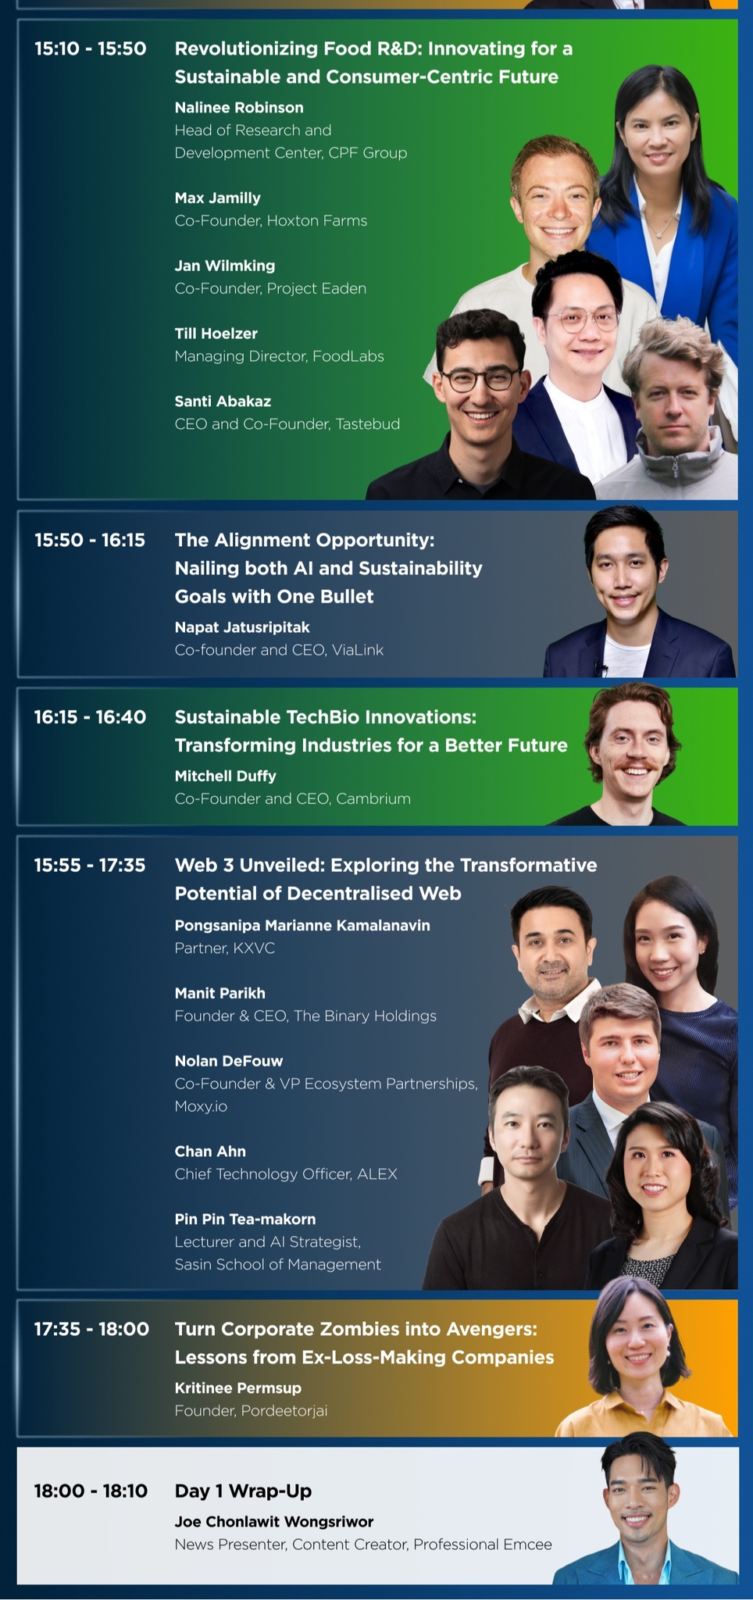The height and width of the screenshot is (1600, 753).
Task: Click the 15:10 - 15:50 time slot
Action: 91,48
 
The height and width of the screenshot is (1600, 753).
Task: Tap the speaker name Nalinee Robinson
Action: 239,108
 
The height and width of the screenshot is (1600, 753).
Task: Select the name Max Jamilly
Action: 218,198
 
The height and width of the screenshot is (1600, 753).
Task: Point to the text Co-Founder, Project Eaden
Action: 270,289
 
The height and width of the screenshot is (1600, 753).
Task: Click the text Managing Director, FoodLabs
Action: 280,356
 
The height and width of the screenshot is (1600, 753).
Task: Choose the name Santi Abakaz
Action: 223,402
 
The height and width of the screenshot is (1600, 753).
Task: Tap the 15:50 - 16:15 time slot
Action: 90,540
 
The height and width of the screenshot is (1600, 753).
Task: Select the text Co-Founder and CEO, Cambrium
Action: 293,799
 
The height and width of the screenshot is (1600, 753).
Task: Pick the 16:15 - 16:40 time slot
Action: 90,717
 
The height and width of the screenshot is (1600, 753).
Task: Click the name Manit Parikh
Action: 220,994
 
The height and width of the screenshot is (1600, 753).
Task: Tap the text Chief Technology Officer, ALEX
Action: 286,1174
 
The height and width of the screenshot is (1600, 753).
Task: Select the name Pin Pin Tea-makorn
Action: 245,1220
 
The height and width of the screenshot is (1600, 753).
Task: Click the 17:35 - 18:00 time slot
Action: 91,1329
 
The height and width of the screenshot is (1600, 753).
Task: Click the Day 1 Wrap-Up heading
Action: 243,1491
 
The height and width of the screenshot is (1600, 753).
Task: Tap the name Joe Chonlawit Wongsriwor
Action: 274,1522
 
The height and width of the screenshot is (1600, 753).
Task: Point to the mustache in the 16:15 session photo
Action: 636,764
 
